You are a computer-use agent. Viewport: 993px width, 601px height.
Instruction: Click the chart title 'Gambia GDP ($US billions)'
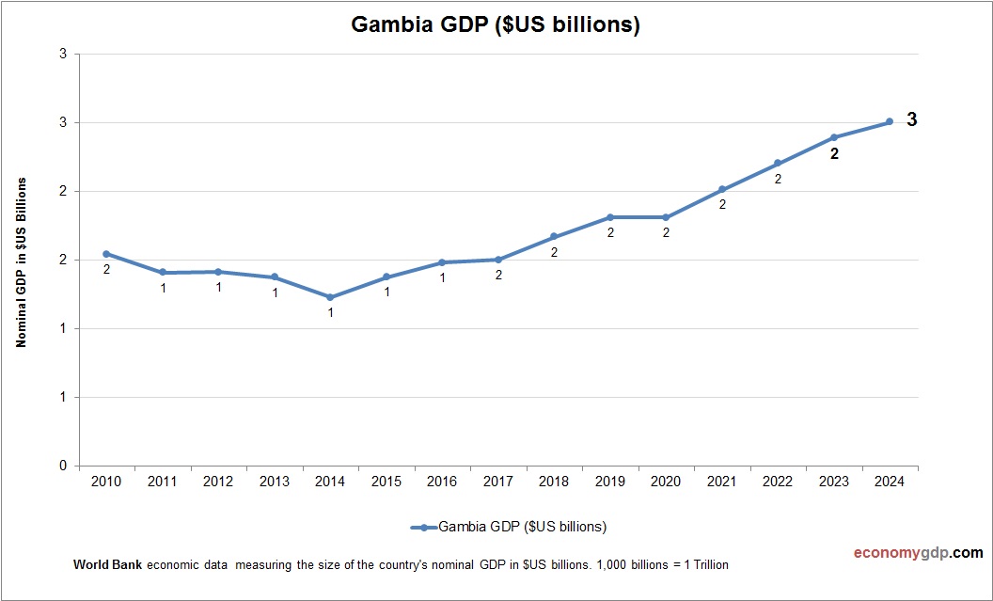coord(496,25)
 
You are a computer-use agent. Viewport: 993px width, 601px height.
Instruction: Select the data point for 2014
coord(330,297)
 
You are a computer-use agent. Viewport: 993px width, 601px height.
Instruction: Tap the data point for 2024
coord(890,121)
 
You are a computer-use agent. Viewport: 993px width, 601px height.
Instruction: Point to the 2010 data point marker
coord(106,254)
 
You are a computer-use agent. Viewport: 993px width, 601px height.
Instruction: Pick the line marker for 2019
coord(610,217)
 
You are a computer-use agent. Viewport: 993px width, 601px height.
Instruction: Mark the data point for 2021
coord(722,189)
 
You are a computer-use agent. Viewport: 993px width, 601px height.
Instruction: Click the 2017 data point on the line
coord(498,260)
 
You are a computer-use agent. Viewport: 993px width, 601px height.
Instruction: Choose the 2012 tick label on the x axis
coord(218,482)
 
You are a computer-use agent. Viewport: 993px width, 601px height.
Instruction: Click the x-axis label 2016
coord(442,482)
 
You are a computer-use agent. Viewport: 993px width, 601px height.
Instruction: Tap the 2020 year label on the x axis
coord(666,482)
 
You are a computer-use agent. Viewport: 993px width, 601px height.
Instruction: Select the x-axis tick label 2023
coord(833,482)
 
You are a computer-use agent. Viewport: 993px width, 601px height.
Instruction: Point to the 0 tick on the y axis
coord(63,466)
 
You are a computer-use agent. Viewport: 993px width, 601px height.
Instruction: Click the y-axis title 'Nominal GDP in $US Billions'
coord(21,262)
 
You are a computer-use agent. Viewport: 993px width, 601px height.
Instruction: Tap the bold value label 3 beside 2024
coord(911,120)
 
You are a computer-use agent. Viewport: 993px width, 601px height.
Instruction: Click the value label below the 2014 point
coord(330,312)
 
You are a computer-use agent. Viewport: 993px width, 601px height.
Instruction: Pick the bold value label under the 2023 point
coord(834,154)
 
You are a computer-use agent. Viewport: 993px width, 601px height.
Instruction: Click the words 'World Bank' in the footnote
coord(107,565)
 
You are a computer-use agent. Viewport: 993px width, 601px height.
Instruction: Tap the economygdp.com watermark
coord(906,553)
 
